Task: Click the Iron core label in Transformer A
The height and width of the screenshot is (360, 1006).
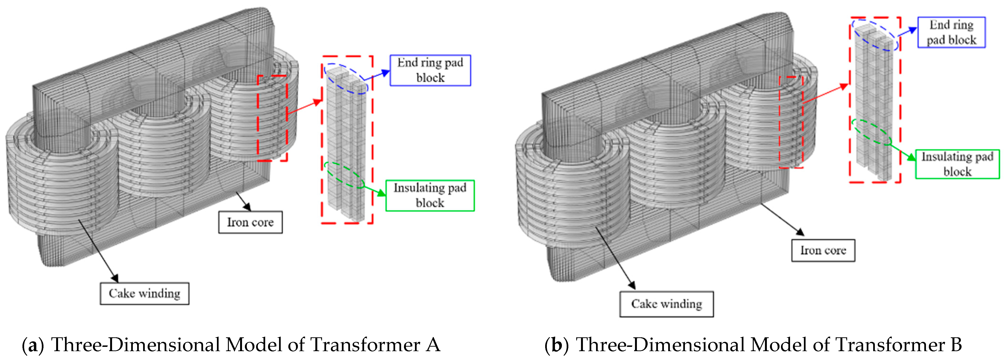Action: pyautogui.click(x=250, y=222)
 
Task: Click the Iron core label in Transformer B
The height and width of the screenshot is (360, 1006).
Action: pyautogui.click(x=823, y=250)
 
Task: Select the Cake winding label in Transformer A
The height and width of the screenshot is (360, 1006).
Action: pyautogui.click(x=145, y=293)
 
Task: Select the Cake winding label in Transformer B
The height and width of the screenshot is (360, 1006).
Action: pyautogui.click(x=666, y=304)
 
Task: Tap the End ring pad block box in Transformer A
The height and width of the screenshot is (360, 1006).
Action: pyautogui.click(x=430, y=70)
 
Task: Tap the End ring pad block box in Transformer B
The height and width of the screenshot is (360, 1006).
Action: pyautogui.click(x=951, y=32)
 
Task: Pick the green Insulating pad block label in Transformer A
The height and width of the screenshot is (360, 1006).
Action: pyautogui.click(x=430, y=195)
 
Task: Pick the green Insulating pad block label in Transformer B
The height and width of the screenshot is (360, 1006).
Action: pyautogui.click(x=957, y=164)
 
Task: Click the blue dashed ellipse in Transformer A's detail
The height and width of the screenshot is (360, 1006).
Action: pyautogui.click(x=346, y=78)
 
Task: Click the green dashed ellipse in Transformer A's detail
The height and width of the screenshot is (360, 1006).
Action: pyautogui.click(x=344, y=175)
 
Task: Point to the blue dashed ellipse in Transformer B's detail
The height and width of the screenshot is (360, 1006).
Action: pyautogui.click(x=875, y=35)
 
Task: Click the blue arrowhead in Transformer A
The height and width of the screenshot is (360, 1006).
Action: pyautogui.click(x=386, y=73)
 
